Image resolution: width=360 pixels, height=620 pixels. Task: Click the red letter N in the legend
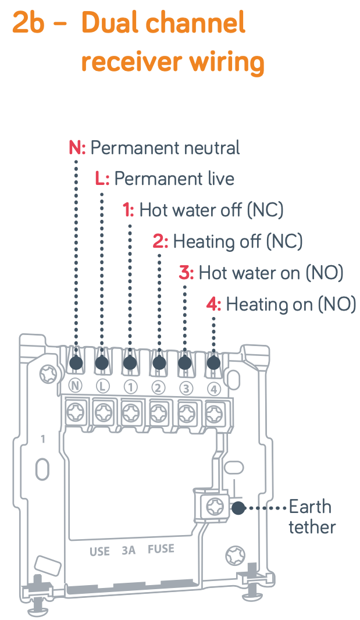[75, 148]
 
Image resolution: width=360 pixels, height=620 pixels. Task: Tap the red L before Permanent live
[100, 179]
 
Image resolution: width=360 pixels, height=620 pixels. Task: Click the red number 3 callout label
[184, 273]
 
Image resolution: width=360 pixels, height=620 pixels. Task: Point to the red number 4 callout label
[212, 304]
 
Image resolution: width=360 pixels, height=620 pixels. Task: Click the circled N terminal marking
[75, 386]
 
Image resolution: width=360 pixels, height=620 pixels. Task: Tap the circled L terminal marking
[102, 386]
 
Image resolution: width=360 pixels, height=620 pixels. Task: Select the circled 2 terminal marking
[158, 388]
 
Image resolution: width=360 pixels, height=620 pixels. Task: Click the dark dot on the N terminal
[76, 362]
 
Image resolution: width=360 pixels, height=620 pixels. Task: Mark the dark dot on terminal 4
[213, 362]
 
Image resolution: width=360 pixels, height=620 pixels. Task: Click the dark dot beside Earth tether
[238, 508]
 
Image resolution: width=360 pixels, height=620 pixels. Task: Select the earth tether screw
[215, 506]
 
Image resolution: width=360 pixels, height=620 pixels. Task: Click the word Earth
[310, 507]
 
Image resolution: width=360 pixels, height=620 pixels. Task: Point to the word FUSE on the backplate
[161, 549]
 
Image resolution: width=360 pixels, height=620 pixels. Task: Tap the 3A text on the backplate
[129, 550]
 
